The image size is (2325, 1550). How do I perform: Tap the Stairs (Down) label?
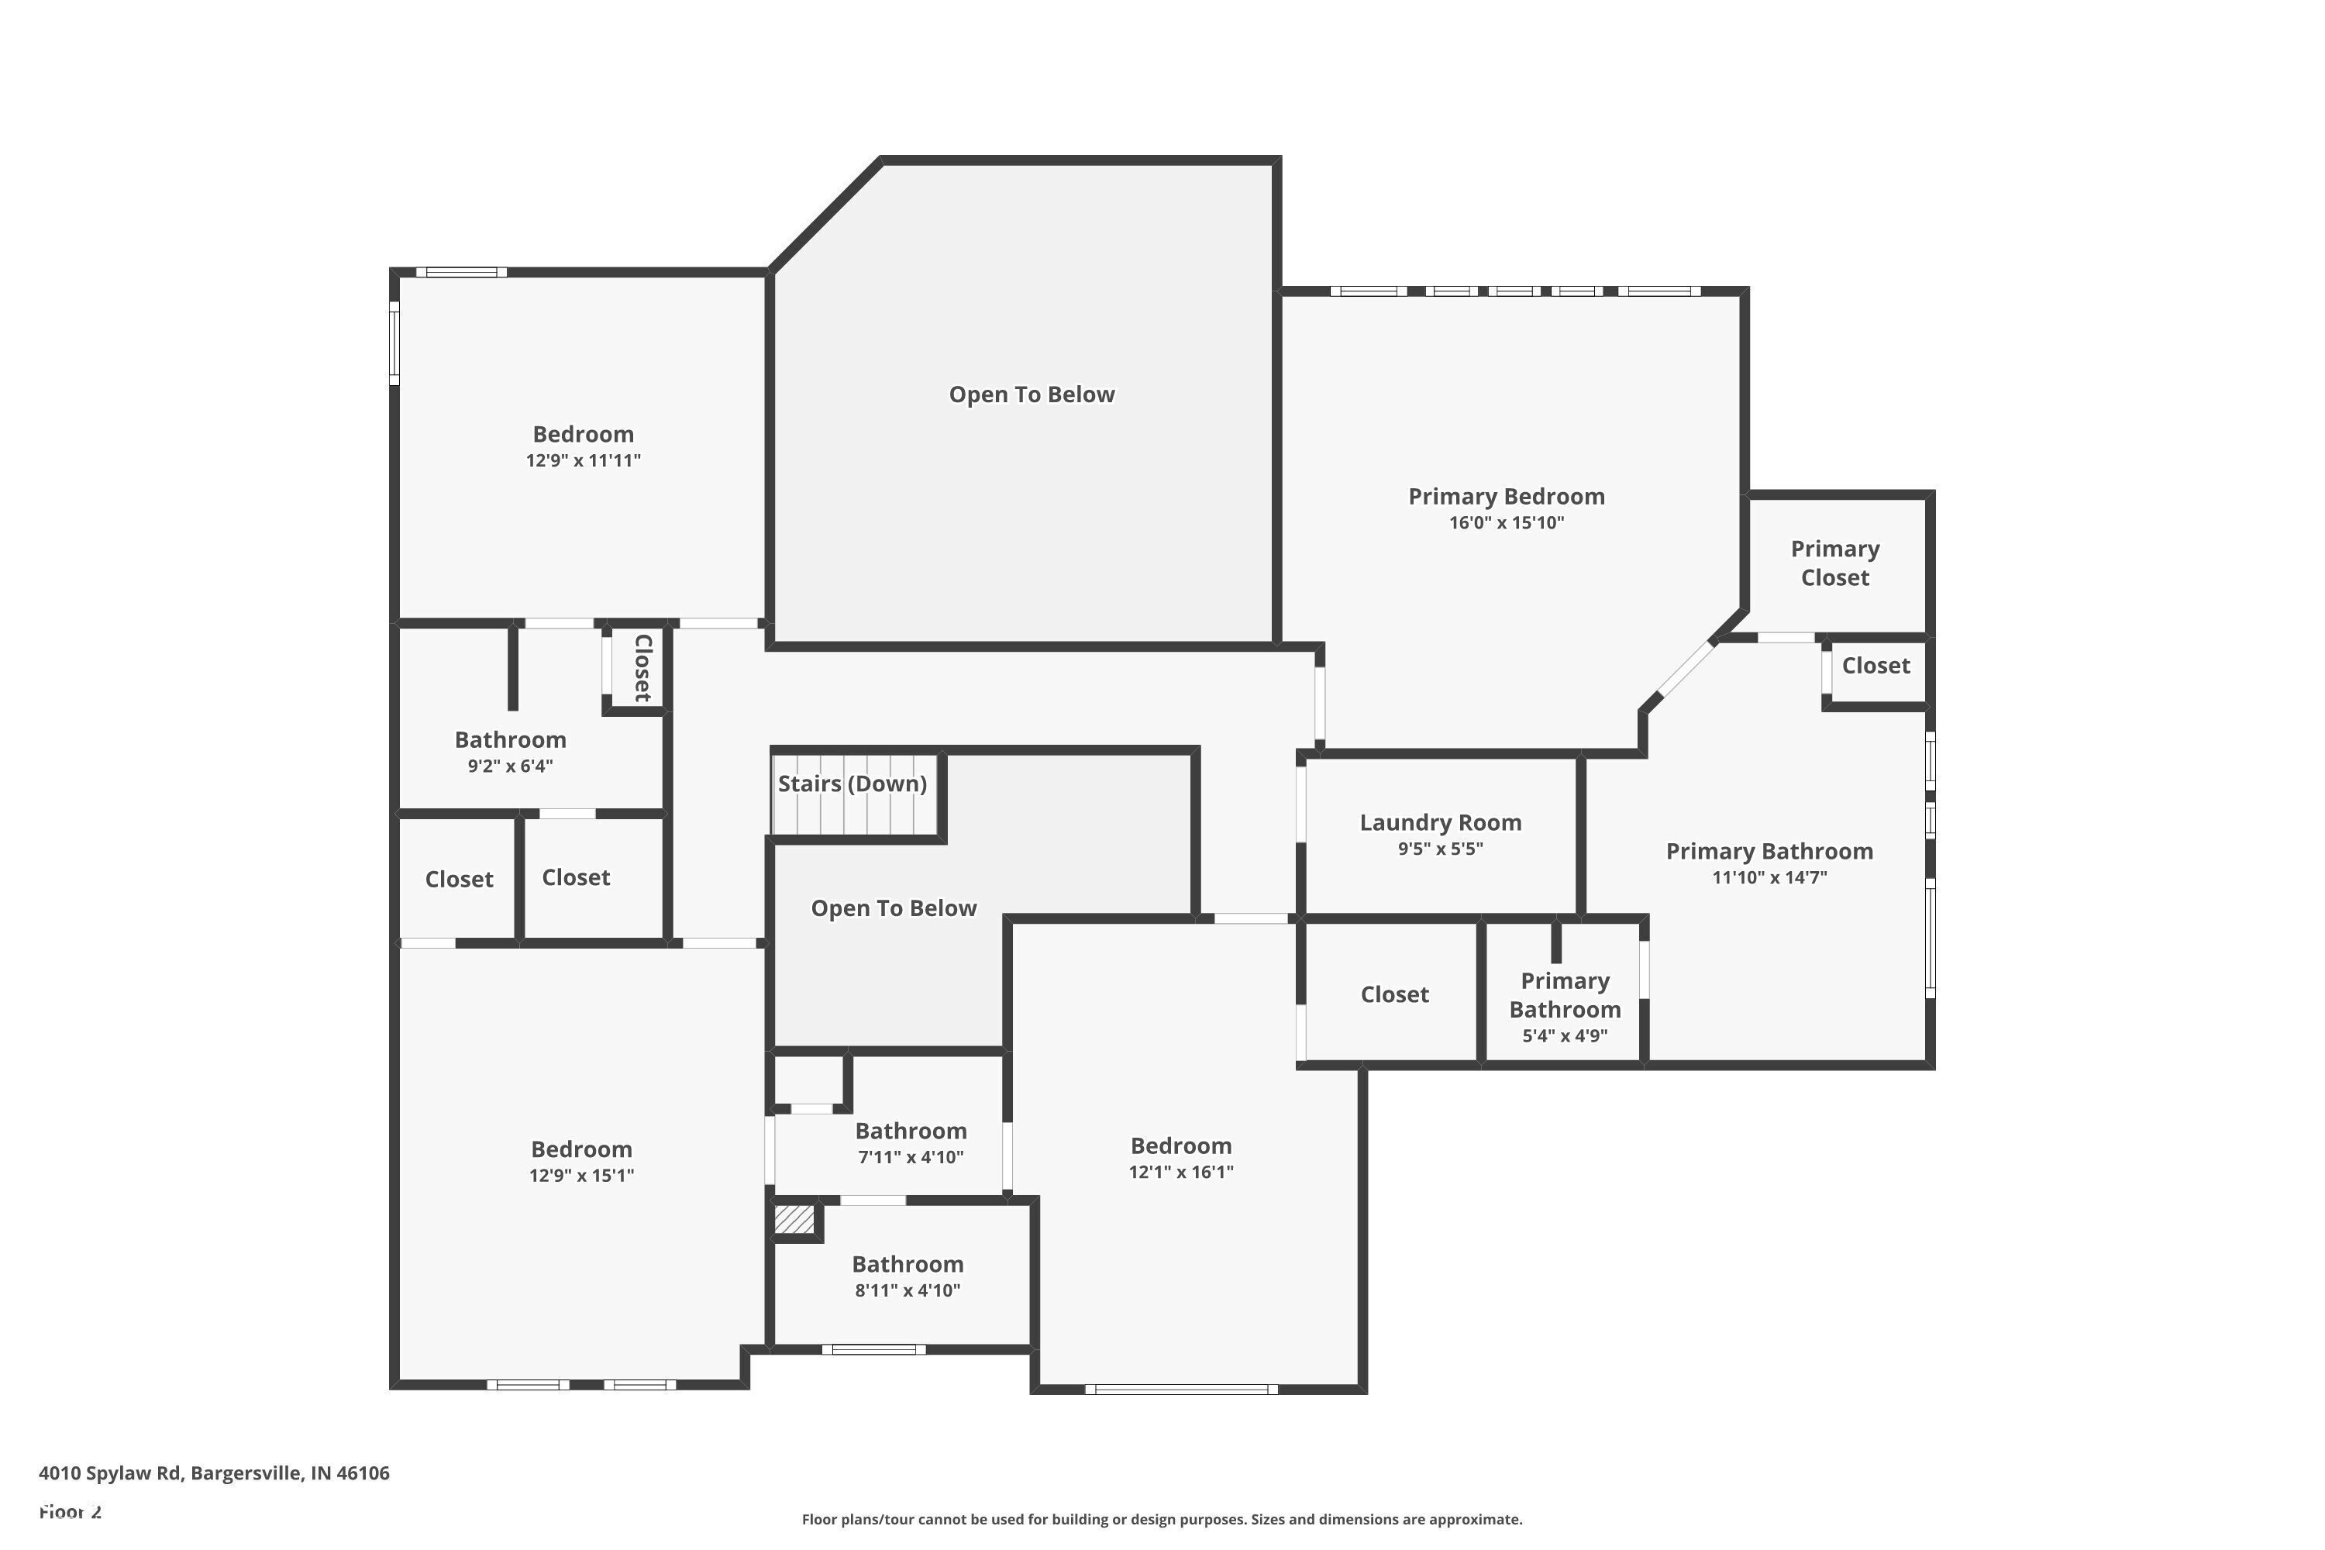[852, 784]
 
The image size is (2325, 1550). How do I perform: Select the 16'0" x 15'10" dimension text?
[1507, 523]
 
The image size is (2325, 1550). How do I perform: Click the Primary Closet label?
[1836, 563]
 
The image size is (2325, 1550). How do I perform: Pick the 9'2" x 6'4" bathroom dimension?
[510, 766]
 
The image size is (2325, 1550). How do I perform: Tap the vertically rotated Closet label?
[642, 668]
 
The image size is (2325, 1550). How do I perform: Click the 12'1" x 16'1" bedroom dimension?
[1181, 1173]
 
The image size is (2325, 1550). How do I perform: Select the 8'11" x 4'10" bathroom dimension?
[908, 1290]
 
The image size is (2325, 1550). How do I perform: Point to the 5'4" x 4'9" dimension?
[1565, 1036]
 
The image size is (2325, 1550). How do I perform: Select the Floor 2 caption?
[71, 1511]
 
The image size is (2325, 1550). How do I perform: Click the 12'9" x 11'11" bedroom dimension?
[584, 460]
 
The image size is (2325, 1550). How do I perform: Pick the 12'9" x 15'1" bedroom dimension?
[581, 1176]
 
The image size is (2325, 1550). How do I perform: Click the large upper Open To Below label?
[1032, 394]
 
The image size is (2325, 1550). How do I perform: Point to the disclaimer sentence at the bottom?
[1162, 1519]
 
